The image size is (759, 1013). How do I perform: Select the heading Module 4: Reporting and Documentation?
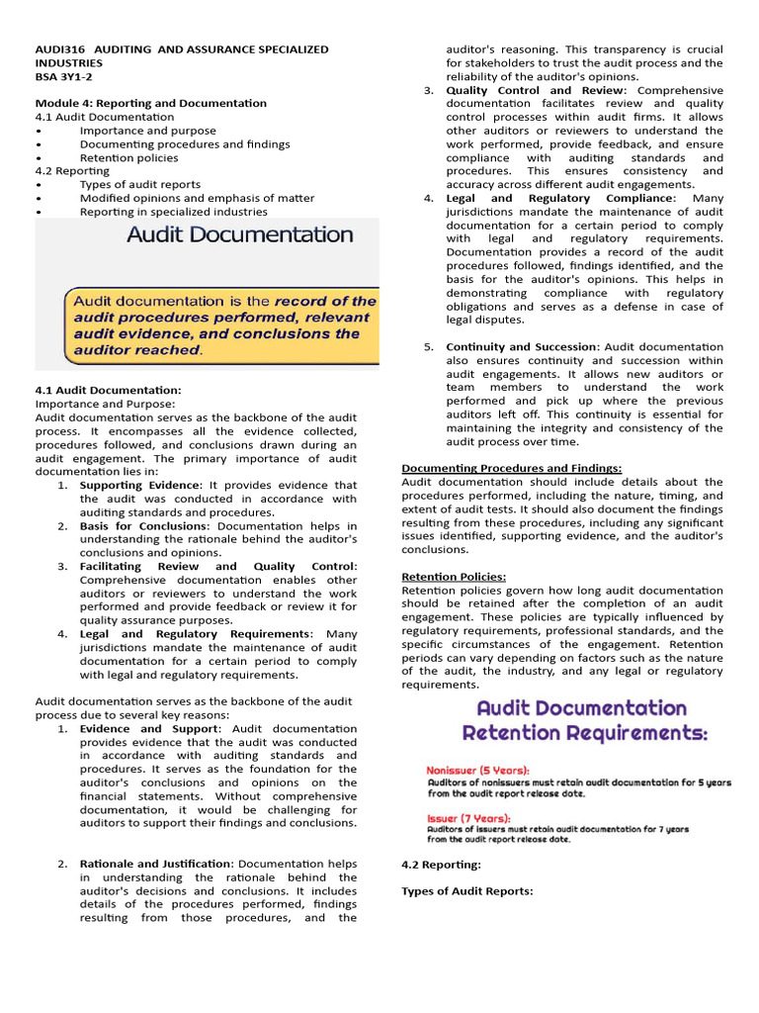coord(150,103)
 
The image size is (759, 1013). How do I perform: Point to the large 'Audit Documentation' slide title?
coord(239,234)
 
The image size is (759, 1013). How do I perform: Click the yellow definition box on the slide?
coord(221,324)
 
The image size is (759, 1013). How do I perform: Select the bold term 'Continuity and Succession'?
coord(522,346)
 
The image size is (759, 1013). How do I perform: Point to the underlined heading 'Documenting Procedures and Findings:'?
coord(511,468)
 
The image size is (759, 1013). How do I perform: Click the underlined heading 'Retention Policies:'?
coord(454,576)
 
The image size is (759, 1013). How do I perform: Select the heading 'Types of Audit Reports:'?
coord(466,890)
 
